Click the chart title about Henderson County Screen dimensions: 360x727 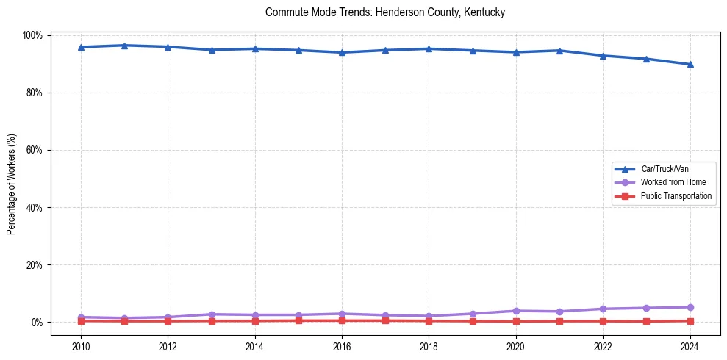coord(385,13)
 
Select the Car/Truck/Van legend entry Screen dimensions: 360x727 coord(665,169)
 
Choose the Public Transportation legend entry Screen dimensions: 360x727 coord(676,196)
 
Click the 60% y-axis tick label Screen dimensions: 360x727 coord(34,151)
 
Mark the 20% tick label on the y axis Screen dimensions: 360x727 coord(34,265)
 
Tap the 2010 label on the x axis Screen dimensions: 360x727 coord(81,348)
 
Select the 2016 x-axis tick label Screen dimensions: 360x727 coord(342,348)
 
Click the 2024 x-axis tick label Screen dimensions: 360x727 coord(690,348)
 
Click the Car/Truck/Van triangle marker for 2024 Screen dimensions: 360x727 coord(690,65)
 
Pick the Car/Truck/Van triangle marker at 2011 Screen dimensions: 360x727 coord(124,46)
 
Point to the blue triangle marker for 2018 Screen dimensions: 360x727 coord(429,49)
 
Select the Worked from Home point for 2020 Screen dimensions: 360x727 coord(515,311)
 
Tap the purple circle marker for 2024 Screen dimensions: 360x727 coord(690,307)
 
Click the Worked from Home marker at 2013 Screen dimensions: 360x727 coord(212,314)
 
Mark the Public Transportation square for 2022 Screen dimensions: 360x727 coord(603,321)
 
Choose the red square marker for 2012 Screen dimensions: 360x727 coord(168,321)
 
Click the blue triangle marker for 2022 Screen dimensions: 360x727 coord(603,56)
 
